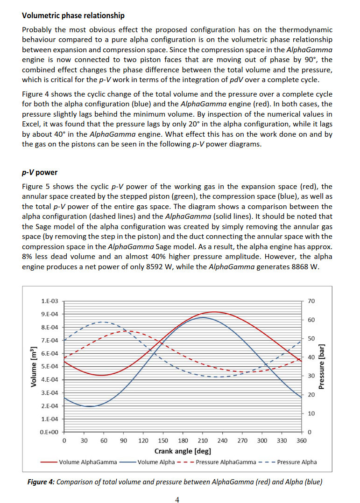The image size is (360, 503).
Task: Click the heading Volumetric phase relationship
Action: pos(73,15)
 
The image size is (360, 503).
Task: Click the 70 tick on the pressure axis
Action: pos(312,301)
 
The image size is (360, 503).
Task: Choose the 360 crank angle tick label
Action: pos(302,440)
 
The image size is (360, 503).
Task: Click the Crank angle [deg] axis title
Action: pos(183,451)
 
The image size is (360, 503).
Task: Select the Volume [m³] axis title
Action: pos(34,367)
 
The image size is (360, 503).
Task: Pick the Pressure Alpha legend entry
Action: pos(297,462)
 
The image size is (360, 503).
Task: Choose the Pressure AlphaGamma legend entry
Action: pos(226,462)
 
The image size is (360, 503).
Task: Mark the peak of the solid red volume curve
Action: pos(213,312)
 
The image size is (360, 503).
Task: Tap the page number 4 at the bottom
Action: pos(177,500)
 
